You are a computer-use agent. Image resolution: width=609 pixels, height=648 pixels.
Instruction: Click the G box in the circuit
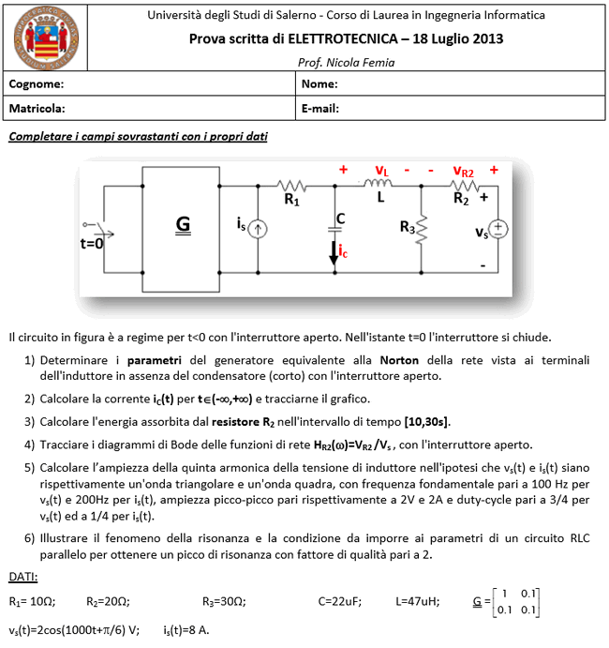click(x=183, y=224)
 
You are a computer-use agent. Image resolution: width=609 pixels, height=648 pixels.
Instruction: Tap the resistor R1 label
click(x=292, y=200)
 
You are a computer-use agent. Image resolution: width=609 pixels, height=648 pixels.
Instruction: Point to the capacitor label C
click(x=340, y=219)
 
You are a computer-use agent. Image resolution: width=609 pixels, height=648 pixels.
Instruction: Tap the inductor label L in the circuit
click(x=381, y=198)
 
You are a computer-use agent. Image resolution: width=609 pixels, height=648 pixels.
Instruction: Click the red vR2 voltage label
click(x=463, y=171)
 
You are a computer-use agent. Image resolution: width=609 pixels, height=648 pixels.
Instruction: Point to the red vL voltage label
click(x=381, y=171)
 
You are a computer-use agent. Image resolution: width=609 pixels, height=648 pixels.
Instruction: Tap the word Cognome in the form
click(x=37, y=84)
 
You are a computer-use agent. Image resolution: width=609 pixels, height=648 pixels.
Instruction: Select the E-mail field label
click(x=320, y=109)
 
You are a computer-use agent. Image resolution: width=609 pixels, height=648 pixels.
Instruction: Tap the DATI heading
click(x=23, y=575)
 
